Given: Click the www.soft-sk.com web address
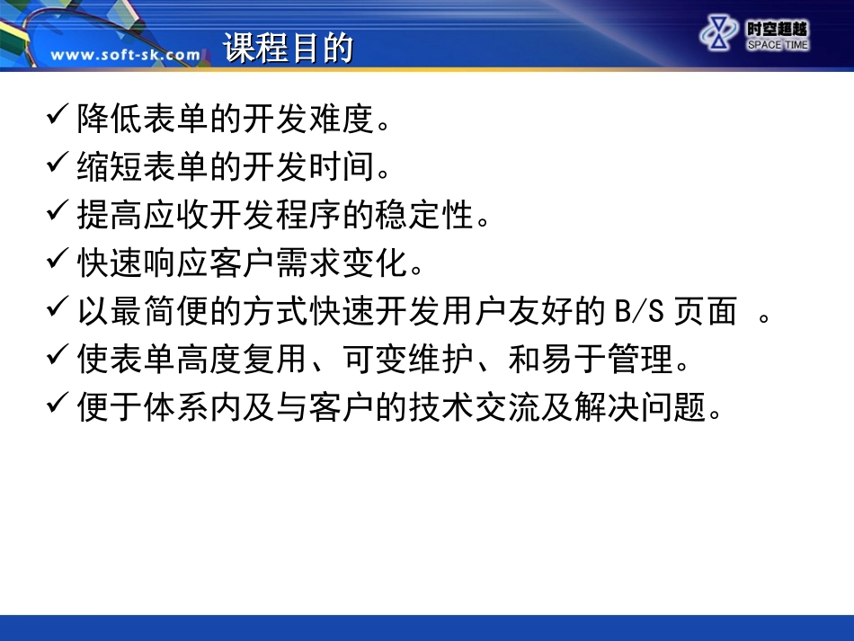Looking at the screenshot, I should click(126, 55).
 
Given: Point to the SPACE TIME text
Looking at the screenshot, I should click(777, 45).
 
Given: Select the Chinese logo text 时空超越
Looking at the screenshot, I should click(777, 30).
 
